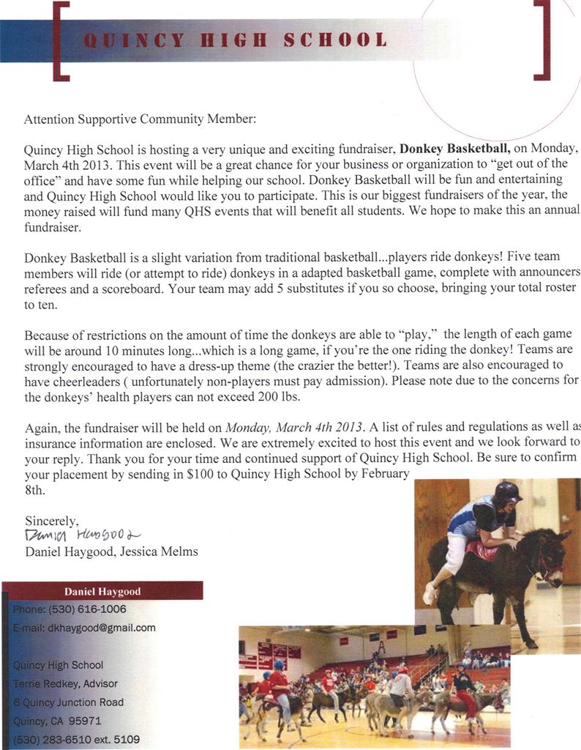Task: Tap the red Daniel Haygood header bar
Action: (x=102, y=591)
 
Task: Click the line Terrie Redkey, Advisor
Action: (x=66, y=683)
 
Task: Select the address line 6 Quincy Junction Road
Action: (x=69, y=702)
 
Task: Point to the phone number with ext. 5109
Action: (x=77, y=739)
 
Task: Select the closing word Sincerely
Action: (x=51, y=521)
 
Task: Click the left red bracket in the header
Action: (x=61, y=40)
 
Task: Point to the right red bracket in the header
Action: (x=542, y=40)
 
